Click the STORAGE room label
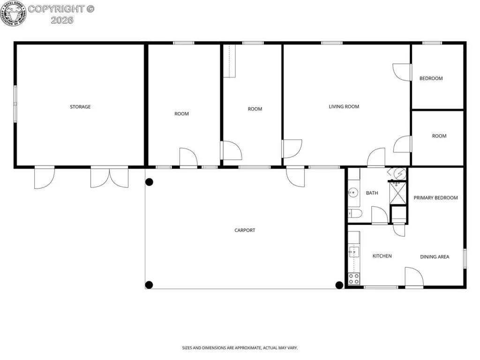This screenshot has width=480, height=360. click(80, 107)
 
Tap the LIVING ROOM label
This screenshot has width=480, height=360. click(344, 106)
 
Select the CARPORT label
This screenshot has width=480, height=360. click(245, 230)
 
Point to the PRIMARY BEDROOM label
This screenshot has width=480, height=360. click(435, 198)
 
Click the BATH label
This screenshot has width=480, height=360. click(372, 193)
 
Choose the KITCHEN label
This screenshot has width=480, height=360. click(382, 256)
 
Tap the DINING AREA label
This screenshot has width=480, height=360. click(435, 257)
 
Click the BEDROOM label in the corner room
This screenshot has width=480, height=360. click(431, 78)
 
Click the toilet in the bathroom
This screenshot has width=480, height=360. click(355, 213)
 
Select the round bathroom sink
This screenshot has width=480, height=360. click(353, 193)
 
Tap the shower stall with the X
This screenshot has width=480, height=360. click(398, 193)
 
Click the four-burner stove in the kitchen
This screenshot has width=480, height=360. click(354, 278)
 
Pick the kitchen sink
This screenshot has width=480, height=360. click(353, 252)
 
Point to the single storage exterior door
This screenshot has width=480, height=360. click(45, 178)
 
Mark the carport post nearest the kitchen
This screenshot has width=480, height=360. click(339, 285)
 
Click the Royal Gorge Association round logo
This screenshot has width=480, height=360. click(14, 14)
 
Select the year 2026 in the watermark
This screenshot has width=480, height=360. click(62, 20)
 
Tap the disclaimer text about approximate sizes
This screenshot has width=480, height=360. click(240, 348)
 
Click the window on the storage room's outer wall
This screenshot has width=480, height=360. click(15, 104)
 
